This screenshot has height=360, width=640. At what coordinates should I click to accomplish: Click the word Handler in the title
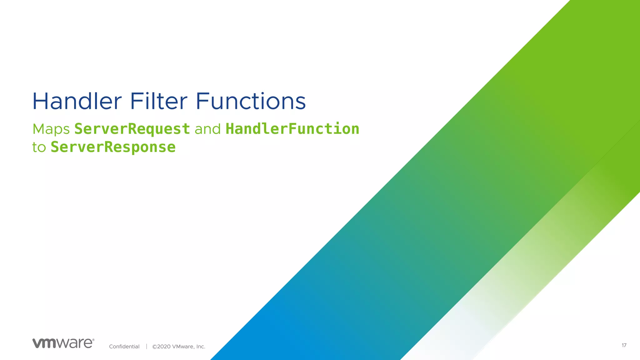click(x=77, y=101)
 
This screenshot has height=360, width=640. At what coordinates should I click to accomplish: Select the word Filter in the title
click(x=158, y=101)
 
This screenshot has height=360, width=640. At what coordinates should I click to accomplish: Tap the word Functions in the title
click(x=251, y=101)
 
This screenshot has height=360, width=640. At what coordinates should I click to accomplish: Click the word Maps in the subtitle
click(x=51, y=129)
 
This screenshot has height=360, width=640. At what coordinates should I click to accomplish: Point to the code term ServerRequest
click(x=132, y=129)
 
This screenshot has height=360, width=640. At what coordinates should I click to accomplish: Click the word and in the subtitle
click(x=207, y=129)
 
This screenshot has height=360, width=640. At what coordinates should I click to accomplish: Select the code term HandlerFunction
click(x=292, y=129)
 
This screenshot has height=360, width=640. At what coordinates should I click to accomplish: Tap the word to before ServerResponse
click(x=39, y=147)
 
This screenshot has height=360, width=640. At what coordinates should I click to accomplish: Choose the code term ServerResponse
click(x=113, y=147)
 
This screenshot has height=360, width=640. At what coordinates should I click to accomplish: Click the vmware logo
click(x=62, y=343)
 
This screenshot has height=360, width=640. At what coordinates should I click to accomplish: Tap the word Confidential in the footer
click(x=124, y=347)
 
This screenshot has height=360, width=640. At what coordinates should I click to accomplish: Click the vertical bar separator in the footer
click(x=146, y=346)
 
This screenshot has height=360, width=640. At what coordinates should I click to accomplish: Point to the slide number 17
click(x=624, y=345)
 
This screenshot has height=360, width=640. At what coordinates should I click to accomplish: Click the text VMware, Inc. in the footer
click(x=189, y=347)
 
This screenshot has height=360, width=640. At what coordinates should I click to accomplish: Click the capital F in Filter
click(x=135, y=101)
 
